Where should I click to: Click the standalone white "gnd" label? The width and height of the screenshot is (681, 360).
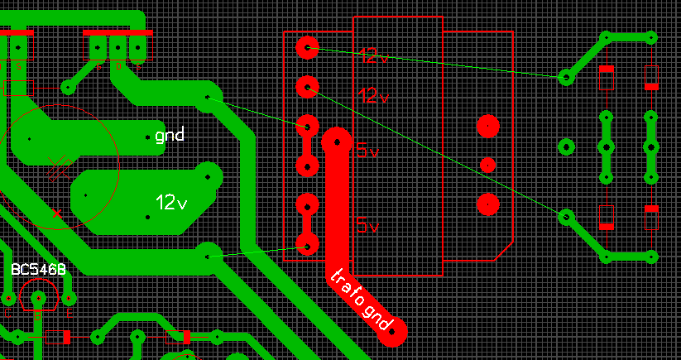[x=170, y=135]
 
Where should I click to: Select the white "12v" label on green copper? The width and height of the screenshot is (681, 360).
[x=171, y=202]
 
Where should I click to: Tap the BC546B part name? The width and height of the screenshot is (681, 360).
[x=38, y=270]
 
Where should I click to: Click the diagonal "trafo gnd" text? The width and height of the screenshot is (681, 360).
[x=361, y=300]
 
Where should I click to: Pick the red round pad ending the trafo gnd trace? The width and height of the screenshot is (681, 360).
[x=394, y=331]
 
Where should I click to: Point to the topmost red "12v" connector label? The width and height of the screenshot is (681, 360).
[x=373, y=56]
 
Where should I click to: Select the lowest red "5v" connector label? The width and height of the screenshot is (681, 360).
[x=367, y=226]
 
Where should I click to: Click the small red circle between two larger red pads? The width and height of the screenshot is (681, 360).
[x=487, y=165]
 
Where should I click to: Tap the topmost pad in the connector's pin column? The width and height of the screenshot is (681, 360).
[x=307, y=47]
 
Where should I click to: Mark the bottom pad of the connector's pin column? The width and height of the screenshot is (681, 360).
[x=307, y=245]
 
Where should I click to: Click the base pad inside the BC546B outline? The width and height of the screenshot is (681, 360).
[x=38, y=298]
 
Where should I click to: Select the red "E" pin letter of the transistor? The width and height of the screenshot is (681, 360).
[x=69, y=313]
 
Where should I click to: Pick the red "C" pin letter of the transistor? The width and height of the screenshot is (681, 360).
[x=7, y=313]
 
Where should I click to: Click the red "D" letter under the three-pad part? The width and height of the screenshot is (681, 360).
[x=117, y=65]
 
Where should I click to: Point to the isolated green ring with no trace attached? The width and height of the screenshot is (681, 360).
[x=566, y=147]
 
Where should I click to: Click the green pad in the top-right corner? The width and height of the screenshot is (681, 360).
[x=651, y=37]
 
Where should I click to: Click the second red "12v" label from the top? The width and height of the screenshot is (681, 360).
[x=373, y=95]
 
